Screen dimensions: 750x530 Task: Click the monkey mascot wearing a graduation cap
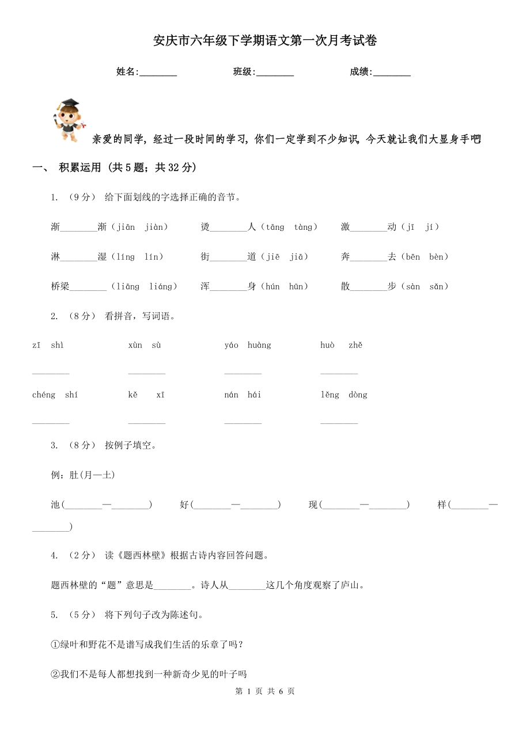(68, 120)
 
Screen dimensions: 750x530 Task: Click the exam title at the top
(265, 41)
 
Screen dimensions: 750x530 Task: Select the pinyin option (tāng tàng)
(289, 227)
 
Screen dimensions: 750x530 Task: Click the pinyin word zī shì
(48, 345)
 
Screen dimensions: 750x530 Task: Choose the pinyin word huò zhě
(341, 345)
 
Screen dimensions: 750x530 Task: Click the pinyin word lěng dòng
(343, 395)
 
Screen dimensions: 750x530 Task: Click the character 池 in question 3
(56, 505)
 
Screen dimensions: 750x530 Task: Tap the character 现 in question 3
(313, 505)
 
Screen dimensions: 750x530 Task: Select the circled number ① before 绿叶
(55, 645)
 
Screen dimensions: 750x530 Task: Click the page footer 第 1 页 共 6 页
(265, 691)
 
